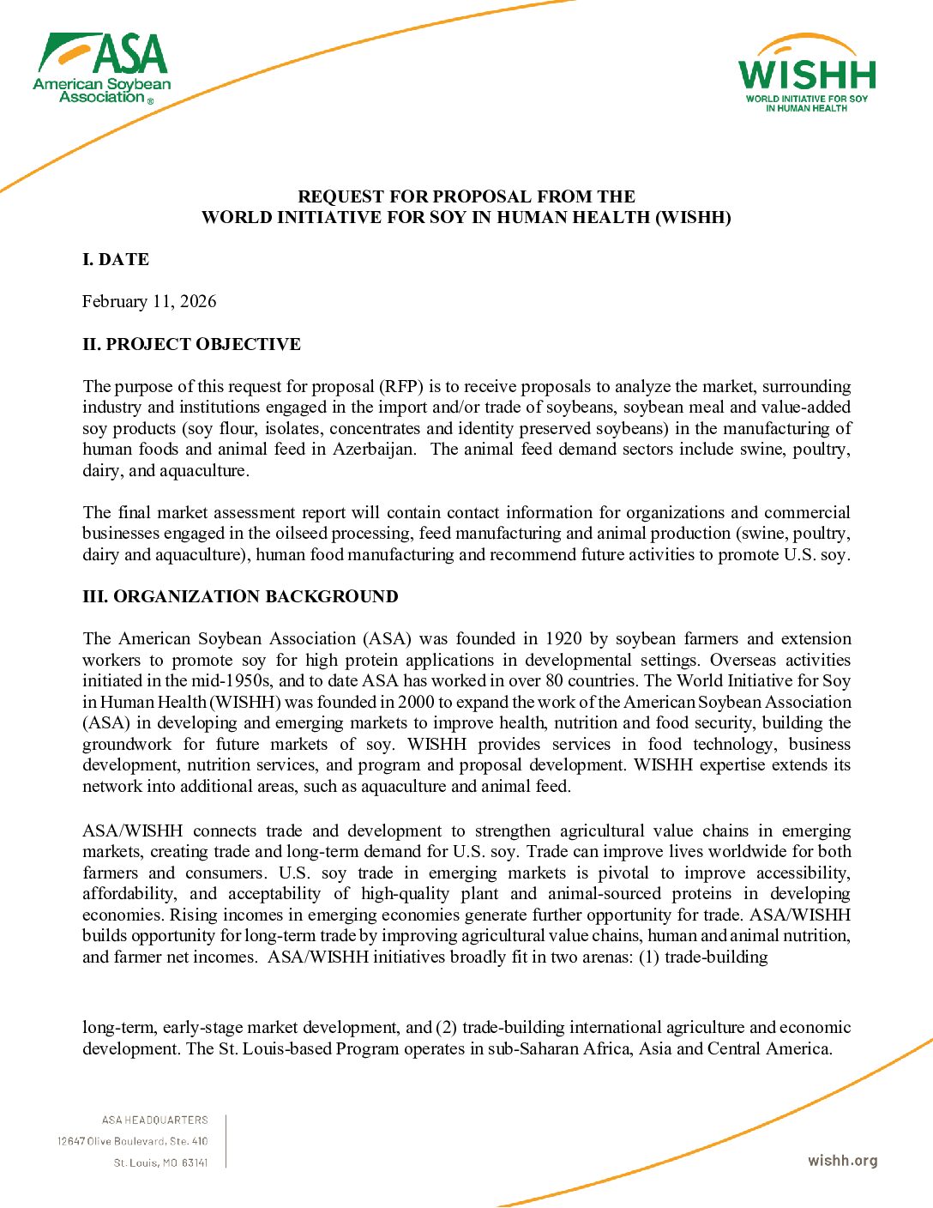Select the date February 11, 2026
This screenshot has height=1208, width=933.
click(x=149, y=301)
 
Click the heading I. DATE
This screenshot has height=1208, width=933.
click(x=116, y=259)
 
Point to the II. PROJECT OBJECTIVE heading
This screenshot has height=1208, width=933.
click(x=191, y=344)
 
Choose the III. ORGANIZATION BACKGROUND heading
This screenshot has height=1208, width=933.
click(x=240, y=596)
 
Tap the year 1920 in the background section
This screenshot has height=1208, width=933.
click(x=563, y=638)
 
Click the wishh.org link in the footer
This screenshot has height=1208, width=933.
click(x=842, y=1161)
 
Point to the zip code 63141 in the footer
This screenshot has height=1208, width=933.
click(x=195, y=1163)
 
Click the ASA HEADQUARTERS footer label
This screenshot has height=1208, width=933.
click(x=154, y=1120)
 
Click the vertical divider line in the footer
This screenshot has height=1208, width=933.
click(x=226, y=1141)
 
